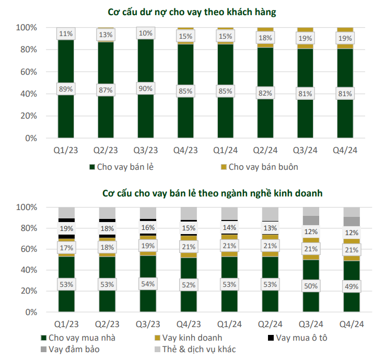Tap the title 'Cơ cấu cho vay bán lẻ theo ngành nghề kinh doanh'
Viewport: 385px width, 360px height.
point(212,193)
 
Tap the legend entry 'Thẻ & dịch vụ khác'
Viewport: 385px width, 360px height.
point(194,349)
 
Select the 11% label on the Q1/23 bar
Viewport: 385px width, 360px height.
point(66,34)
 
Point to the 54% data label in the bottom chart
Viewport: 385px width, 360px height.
point(147,284)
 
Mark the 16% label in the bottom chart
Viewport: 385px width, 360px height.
point(147,227)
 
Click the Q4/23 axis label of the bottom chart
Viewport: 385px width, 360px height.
point(187,323)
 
